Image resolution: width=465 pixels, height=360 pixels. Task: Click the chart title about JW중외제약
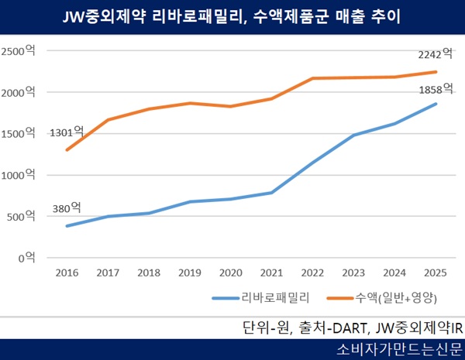pos(232,15)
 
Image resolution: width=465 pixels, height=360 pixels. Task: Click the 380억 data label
pos(67,207)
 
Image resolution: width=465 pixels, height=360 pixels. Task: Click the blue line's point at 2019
pos(190,201)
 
